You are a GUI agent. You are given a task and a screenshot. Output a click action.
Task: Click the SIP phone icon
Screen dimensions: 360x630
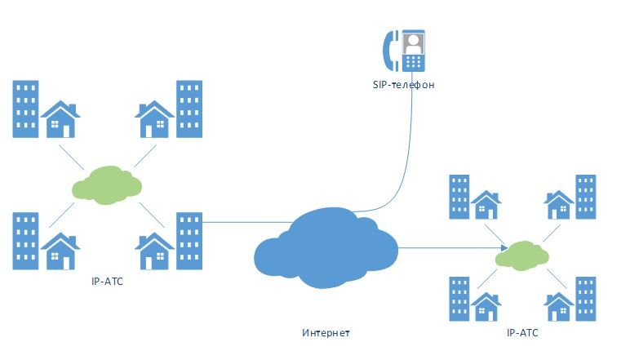coord(406,51)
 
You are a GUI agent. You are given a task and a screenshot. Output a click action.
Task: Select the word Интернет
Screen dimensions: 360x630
coord(325,333)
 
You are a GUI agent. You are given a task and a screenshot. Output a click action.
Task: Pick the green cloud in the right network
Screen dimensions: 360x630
coord(522,256)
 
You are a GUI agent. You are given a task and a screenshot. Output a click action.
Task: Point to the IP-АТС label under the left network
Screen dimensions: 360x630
coord(109,281)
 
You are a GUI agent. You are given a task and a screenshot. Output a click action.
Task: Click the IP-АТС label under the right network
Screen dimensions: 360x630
coord(522,333)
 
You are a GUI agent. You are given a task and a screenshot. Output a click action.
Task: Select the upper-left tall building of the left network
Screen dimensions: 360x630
coord(25,109)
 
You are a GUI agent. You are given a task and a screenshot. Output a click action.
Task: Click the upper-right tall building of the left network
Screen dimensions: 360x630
coord(189,109)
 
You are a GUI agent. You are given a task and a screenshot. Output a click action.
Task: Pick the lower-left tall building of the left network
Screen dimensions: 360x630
coord(25,242)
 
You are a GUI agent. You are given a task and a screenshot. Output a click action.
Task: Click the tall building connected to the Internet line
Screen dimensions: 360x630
coord(189,242)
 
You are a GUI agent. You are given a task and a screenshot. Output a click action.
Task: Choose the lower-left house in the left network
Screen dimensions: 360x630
coord(60,251)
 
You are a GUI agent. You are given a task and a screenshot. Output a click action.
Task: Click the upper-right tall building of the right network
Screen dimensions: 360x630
coord(585,197)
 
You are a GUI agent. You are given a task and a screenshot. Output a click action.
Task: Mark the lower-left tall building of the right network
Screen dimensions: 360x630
coord(459,298)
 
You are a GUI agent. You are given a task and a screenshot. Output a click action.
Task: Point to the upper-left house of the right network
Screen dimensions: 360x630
coord(486,207)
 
